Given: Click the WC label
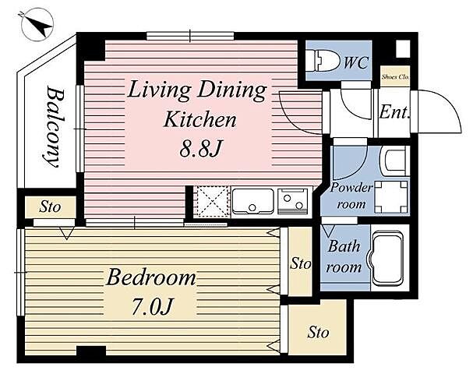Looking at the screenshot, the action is pos(356,63).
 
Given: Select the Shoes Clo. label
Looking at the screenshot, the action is pos(395,76).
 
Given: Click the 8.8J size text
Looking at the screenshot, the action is pos(200,149).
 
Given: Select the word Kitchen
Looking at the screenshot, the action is pos(199,120).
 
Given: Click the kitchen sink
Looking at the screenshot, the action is pos(252,201).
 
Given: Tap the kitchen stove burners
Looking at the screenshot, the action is pos(293,201).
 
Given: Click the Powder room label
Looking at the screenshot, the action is pos(351,196).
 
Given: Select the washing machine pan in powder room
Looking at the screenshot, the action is pos(391,197).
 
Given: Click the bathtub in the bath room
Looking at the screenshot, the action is pos(387,259).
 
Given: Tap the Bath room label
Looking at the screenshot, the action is pos(344,256).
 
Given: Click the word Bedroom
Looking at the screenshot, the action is pos(151,278).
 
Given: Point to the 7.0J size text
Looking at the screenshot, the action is pos(152,306).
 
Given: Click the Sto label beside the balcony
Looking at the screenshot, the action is pos(50,207).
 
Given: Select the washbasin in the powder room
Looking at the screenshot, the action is pos(395,161).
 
